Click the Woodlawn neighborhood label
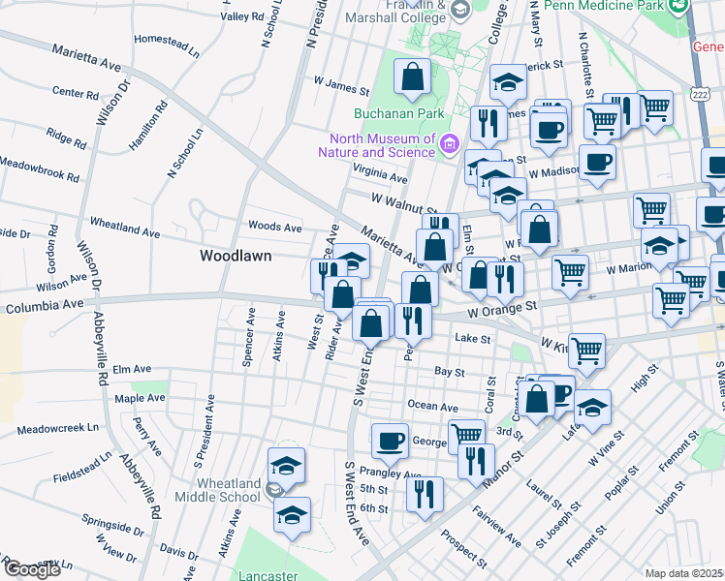pos(236,257)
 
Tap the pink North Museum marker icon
pos(449,144)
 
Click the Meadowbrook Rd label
pos(39,175)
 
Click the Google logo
pos(31,569)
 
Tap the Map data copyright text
pos(684,573)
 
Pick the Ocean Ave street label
pos(432,407)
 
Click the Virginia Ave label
pos(380,178)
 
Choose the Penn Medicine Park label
pos(605,6)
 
